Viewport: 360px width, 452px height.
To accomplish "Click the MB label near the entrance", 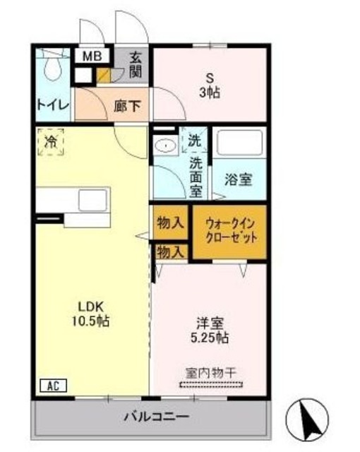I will coord(93,56).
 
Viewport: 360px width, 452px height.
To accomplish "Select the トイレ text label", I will coord(52,105).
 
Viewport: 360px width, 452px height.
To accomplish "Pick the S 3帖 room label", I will coord(209,85).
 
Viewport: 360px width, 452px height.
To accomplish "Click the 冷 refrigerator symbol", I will coord(51,141).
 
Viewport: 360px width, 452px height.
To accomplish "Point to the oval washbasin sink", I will coord(165,145).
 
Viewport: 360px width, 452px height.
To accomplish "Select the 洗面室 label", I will coord(196,177).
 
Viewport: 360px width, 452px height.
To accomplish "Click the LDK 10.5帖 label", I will coord(92,313).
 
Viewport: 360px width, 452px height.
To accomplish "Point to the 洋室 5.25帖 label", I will coord(210,331).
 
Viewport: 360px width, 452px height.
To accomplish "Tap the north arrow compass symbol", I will coord(308,419).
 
